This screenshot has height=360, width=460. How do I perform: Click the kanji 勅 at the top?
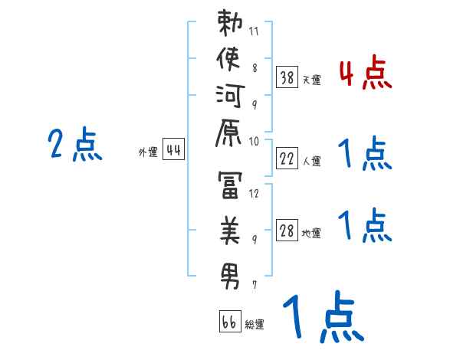[229, 25]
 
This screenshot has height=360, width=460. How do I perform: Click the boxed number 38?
[287, 77]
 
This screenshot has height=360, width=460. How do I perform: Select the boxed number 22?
[287, 159]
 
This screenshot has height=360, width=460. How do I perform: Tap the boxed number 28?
[287, 231]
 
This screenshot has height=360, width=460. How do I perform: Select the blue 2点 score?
[75, 145]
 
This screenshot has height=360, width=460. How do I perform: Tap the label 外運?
[147, 152]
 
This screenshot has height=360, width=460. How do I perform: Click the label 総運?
[255, 325]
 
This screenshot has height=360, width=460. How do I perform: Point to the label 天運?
[312, 80]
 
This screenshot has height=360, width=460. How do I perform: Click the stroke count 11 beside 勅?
[255, 31]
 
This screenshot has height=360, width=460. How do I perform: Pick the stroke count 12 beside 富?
[255, 194]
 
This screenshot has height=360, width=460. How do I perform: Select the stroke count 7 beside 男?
[255, 285]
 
